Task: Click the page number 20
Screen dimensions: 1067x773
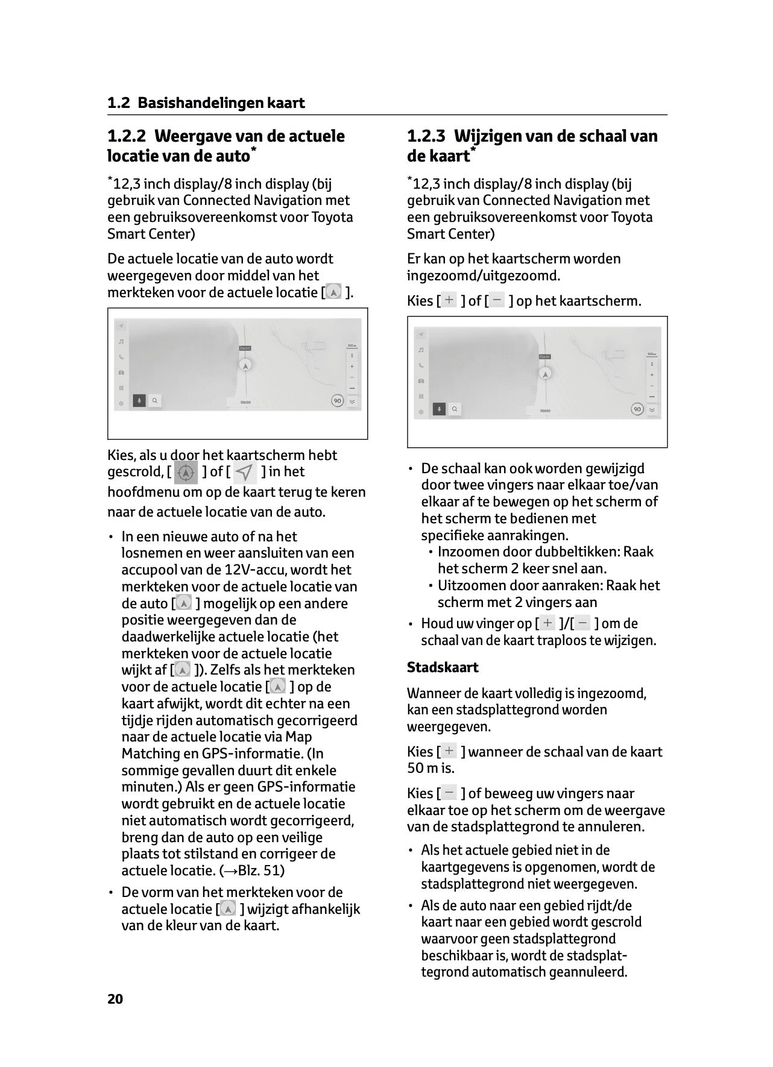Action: pyautogui.click(x=115, y=999)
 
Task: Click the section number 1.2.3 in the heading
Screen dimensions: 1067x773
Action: pyautogui.click(x=427, y=136)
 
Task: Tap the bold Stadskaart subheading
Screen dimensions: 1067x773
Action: pyautogui.click(x=443, y=667)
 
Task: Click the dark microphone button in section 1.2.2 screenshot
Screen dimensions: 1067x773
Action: pyautogui.click(x=139, y=401)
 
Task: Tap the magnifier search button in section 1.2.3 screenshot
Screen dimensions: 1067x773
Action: pyautogui.click(x=454, y=409)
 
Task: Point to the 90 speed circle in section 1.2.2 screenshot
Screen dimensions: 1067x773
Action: pyautogui.click(x=338, y=401)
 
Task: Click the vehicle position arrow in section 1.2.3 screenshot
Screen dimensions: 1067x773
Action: pyautogui.click(x=545, y=374)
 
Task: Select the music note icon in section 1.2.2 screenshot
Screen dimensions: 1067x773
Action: pyautogui.click(x=121, y=341)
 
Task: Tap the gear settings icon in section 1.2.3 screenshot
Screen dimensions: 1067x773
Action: pyautogui.click(x=421, y=411)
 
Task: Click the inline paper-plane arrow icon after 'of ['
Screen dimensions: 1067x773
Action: pyautogui.click(x=245, y=472)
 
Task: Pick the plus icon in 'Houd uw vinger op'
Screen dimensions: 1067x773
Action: pyautogui.click(x=547, y=623)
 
